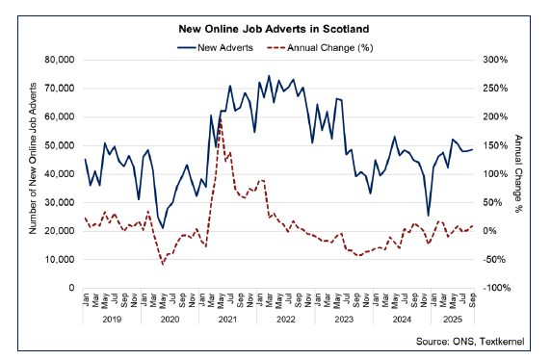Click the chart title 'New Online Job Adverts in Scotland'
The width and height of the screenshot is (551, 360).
click(x=276, y=29)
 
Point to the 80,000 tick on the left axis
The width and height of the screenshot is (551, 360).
click(x=60, y=60)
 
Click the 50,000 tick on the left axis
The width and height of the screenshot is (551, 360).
click(x=60, y=145)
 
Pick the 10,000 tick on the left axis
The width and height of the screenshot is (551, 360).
click(x=60, y=260)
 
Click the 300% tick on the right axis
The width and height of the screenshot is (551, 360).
click(x=495, y=60)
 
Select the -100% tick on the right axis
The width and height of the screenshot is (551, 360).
click(x=495, y=288)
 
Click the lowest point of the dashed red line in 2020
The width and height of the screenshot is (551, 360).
click(x=163, y=264)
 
